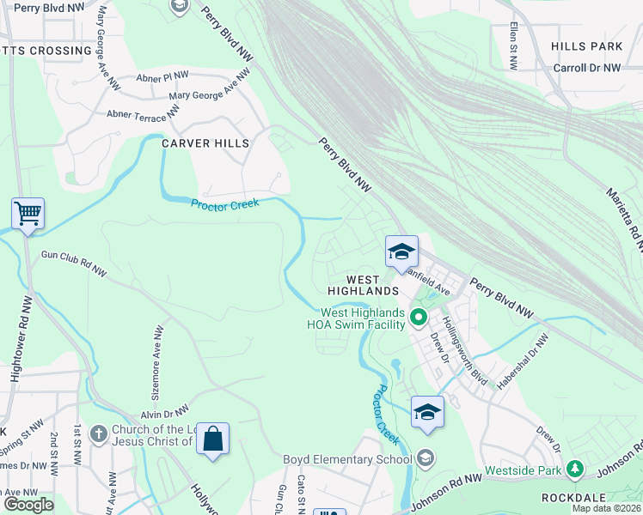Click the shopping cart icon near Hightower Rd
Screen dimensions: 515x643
point(28,213)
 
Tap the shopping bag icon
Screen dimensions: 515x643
point(212,439)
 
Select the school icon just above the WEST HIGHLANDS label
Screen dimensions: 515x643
point(401,252)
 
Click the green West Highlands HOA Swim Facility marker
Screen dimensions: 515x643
point(419,318)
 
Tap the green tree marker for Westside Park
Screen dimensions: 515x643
point(575,470)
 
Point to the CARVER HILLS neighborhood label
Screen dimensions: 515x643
point(205,144)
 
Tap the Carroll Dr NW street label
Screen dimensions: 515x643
point(586,68)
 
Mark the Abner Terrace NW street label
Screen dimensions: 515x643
point(144,112)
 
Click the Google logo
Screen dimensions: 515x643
point(28,505)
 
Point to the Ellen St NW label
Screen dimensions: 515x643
point(512,46)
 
